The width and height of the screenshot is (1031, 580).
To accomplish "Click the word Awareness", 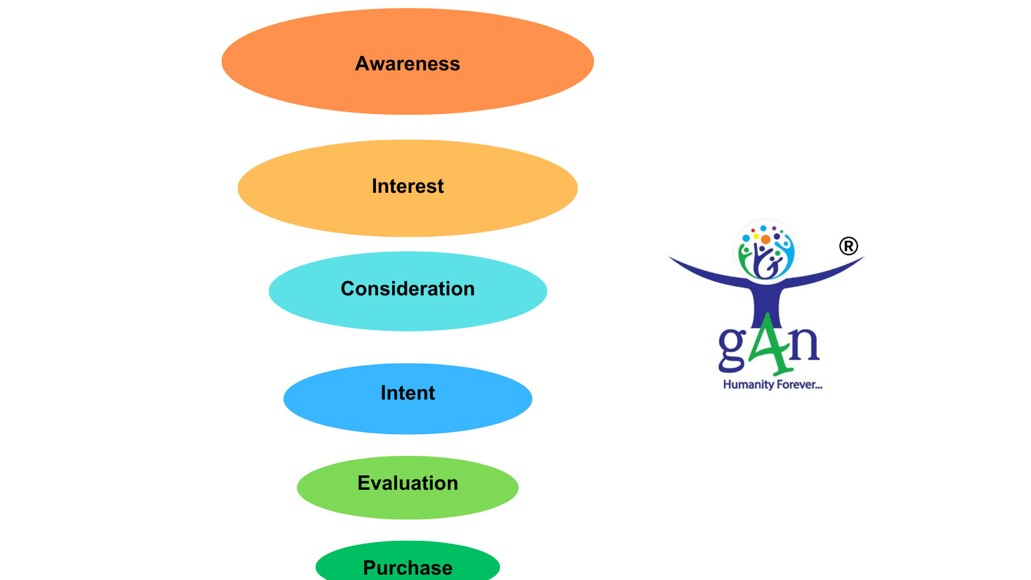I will tap(408, 64).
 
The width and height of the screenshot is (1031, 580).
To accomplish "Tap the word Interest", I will tap(408, 186).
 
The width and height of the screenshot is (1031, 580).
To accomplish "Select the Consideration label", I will tap(408, 289).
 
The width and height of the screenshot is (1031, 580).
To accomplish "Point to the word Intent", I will tap(408, 393).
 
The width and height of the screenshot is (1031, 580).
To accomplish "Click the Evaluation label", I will tap(408, 483).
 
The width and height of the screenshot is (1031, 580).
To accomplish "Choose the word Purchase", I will tap(408, 568).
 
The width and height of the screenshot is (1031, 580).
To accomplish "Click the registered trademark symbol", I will tap(848, 247).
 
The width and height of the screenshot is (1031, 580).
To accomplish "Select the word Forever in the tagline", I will tap(798, 385).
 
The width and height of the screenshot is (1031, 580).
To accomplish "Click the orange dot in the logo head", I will tap(766, 240).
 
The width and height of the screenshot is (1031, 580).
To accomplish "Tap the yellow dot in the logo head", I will tap(756, 236).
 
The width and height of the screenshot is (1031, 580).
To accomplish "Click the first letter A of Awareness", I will tap(362, 64).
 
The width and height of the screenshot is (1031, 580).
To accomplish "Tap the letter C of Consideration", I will tap(348, 289).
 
